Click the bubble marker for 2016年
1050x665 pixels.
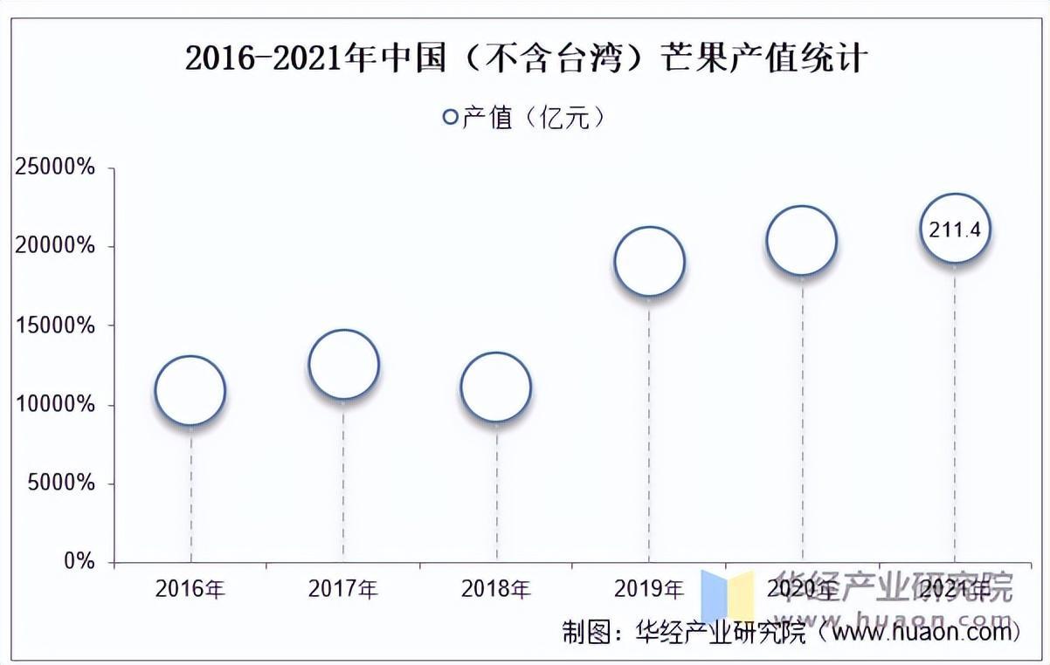[x=190, y=391]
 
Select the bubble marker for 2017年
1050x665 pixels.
[x=343, y=365]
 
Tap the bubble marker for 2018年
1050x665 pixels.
[x=496, y=387]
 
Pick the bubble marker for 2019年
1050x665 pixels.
[x=649, y=262]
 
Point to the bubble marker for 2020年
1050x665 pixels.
[x=802, y=240]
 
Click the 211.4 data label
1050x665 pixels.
[x=956, y=230]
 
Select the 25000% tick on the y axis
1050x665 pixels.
[x=54, y=168]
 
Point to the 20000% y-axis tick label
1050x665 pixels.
[x=54, y=247]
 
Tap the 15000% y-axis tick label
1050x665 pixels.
[x=54, y=326]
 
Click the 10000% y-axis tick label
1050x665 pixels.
[x=54, y=405]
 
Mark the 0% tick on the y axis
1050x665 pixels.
[x=79, y=562]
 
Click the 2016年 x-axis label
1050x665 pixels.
[x=190, y=590]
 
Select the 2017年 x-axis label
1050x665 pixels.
[x=343, y=590]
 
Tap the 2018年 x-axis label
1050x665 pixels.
[x=496, y=590]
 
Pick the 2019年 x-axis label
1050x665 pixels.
[x=649, y=590]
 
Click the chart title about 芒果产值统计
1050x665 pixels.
[x=526, y=58]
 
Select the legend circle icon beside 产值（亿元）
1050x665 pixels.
[x=451, y=117]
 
